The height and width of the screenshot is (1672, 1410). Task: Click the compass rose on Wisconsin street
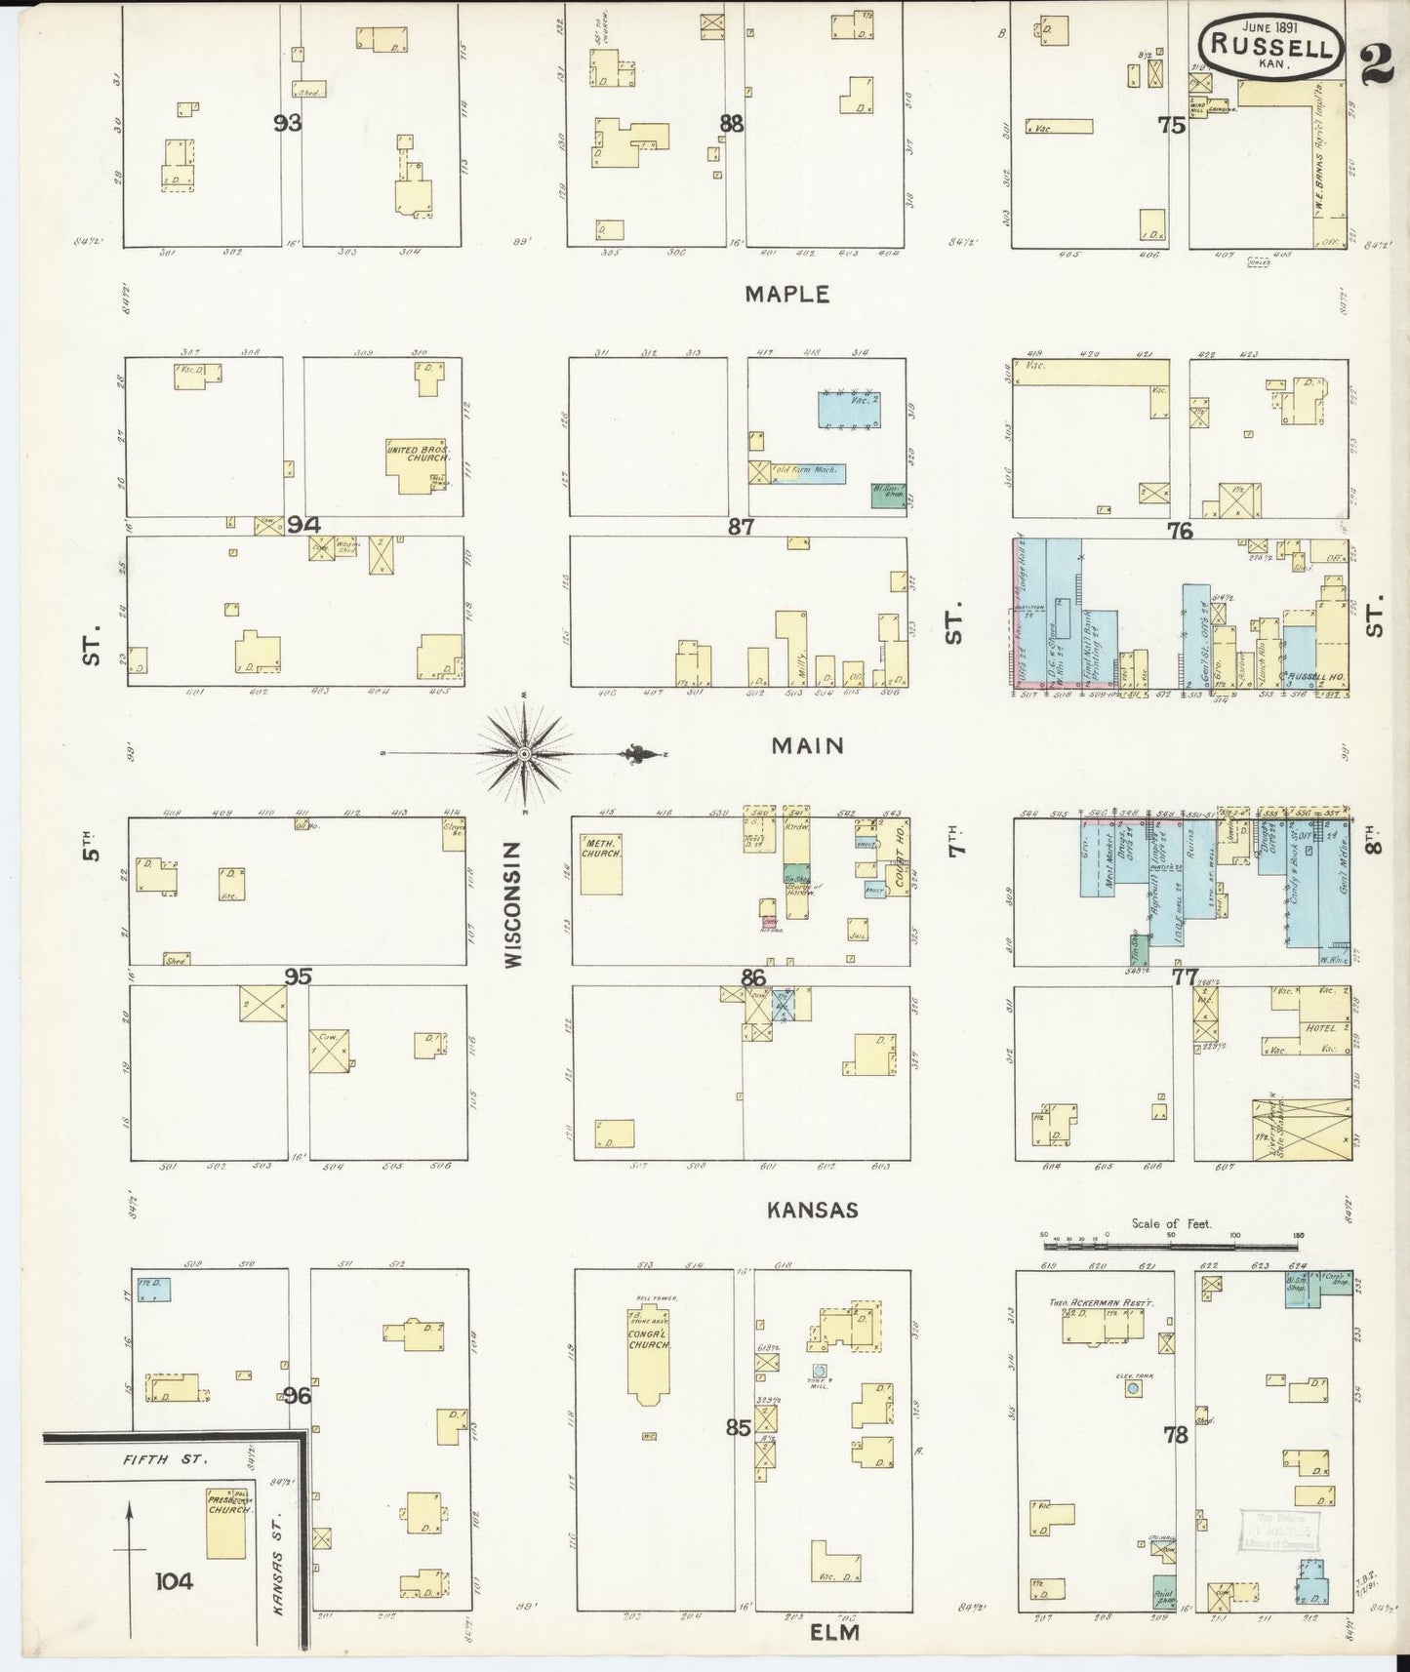(524, 753)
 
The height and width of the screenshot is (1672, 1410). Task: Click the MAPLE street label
(786, 294)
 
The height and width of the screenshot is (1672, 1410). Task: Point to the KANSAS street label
(812, 1210)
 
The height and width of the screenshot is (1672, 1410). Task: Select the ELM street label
(835, 1631)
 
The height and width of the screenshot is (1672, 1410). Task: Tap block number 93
(288, 123)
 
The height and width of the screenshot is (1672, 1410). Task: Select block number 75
(1171, 125)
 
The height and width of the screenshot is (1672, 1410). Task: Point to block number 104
(172, 1580)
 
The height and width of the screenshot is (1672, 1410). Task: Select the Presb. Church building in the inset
(226, 1522)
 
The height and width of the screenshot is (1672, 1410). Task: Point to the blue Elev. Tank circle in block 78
(1132, 1387)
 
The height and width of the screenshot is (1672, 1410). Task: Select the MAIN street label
(806, 746)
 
